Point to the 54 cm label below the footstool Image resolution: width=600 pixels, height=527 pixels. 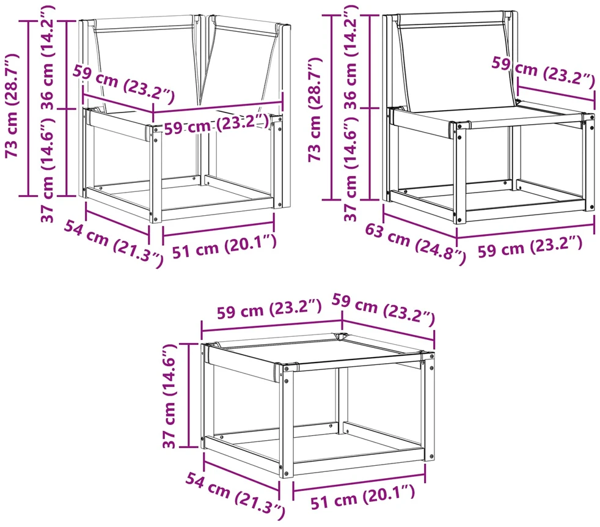click(x=235, y=496)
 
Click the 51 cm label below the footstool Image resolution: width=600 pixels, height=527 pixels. click(x=362, y=496)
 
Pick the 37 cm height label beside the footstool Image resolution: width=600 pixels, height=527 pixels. click(x=169, y=396)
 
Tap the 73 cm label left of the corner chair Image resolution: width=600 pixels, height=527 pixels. click(x=12, y=105)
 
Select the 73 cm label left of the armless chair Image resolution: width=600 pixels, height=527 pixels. click(x=315, y=109)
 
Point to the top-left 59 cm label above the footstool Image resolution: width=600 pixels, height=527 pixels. click(x=269, y=309)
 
